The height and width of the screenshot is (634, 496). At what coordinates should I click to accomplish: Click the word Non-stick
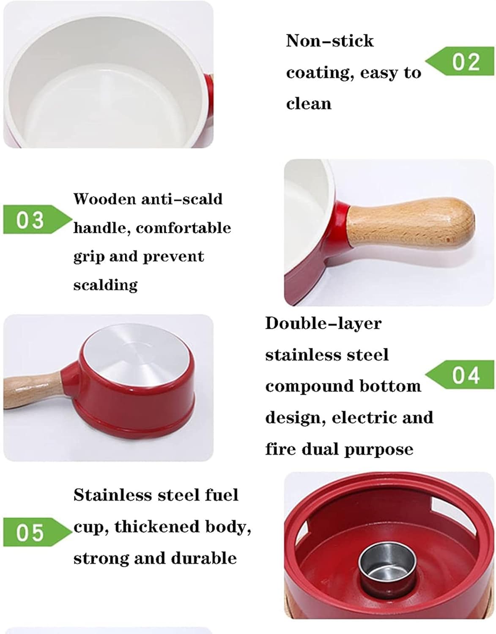coord(330,41)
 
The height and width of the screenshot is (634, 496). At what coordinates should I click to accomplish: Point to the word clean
coord(309,104)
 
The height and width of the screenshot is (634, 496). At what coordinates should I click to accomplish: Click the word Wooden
coord(104,199)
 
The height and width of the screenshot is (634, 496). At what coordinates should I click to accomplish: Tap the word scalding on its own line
coord(105,284)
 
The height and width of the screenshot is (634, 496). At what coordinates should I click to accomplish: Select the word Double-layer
coord(323,323)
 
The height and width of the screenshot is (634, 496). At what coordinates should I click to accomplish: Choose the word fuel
coord(222,495)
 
